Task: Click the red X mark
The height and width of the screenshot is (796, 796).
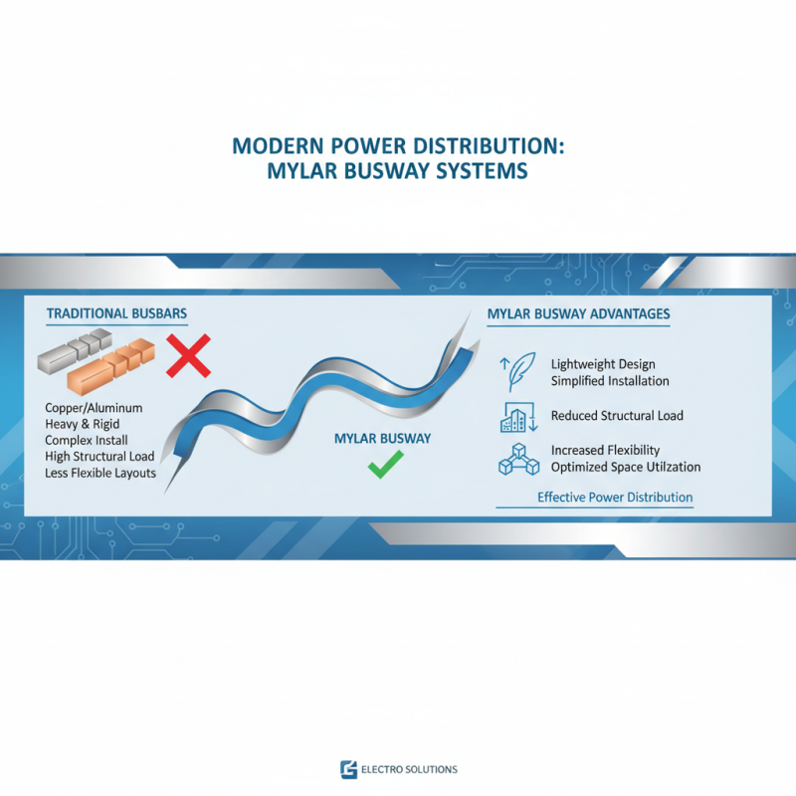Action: (188, 356)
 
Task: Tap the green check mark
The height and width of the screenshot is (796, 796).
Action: (385, 464)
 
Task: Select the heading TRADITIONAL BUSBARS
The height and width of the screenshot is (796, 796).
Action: (116, 313)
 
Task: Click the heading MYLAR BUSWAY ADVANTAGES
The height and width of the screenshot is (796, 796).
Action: (578, 314)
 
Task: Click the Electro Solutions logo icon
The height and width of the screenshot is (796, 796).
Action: (348, 769)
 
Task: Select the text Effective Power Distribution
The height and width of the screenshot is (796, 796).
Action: (615, 497)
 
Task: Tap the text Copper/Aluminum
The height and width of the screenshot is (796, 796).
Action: (95, 409)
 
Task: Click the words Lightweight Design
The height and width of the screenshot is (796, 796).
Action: (603, 364)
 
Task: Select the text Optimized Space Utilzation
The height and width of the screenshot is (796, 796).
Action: (626, 467)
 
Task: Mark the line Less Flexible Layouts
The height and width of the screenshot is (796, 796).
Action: (100, 473)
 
